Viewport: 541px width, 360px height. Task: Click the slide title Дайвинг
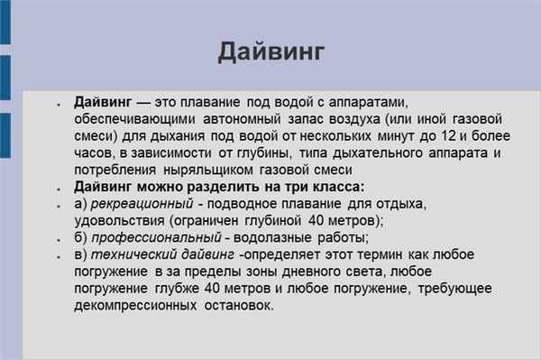pos(270,51)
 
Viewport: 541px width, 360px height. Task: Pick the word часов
pos(92,153)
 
